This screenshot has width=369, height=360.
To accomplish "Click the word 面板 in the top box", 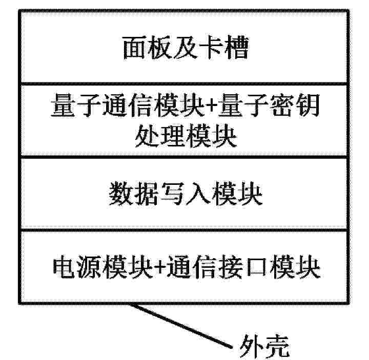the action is pos(148,48).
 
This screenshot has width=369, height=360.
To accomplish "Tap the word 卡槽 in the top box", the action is pos(224,48).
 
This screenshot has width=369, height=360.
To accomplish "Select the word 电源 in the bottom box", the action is pos(78,267).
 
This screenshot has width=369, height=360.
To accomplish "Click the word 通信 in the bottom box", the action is pos(192,267).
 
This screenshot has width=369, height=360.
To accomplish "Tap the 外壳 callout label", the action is pos(264,347).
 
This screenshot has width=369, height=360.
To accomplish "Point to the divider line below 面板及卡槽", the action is pos(184,83).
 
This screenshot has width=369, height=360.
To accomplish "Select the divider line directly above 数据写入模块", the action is pos(184,157).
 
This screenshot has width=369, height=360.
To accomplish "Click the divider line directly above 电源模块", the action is pos(184,230).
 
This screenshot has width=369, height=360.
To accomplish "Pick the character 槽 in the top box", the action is pos(236,48).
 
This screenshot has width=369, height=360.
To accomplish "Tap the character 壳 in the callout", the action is pos(277,347).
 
